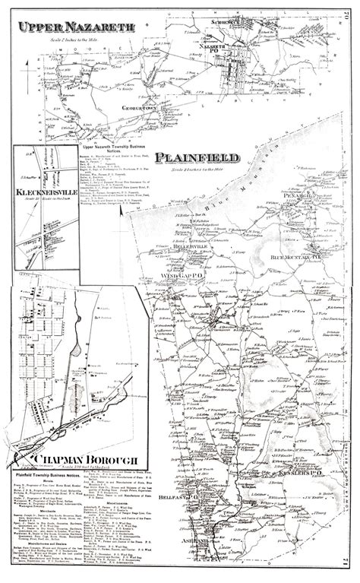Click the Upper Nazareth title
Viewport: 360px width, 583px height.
(77, 27)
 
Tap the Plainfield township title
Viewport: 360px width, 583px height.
(197, 159)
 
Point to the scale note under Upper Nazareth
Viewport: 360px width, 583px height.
(76, 38)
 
